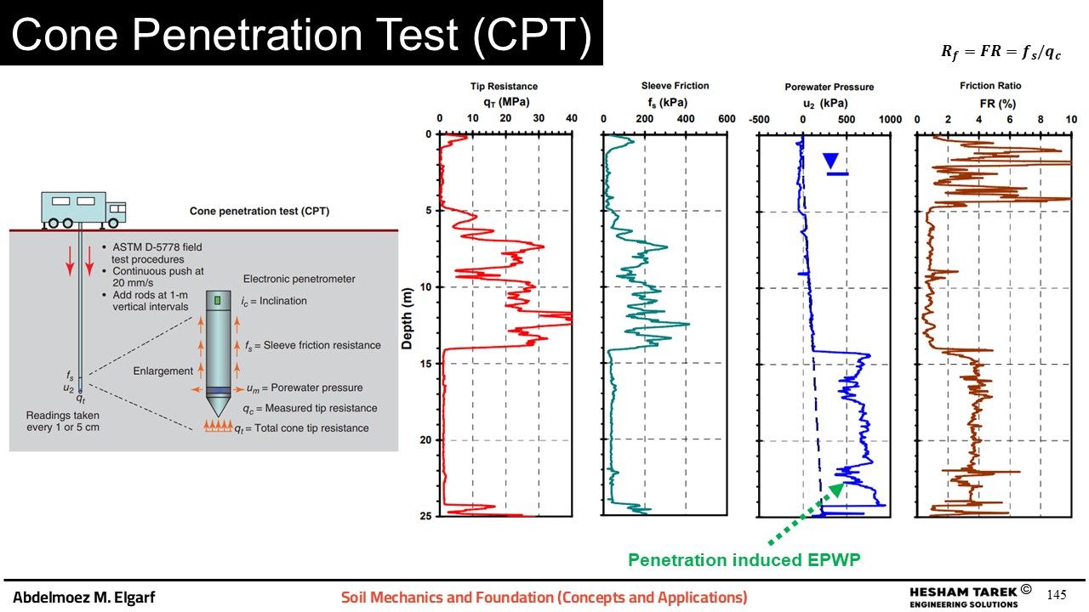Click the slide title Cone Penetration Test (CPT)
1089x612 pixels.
click(x=300, y=34)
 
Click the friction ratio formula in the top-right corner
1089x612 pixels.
click(x=1001, y=52)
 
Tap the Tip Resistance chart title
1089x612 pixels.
click(x=504, y=86)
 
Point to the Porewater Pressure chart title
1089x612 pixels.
click(x=829, y=87)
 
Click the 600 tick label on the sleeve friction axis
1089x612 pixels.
click(x=726, y=119)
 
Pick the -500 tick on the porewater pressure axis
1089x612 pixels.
click(x=758, y=120)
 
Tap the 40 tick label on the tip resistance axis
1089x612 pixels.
click(x=571, y=119)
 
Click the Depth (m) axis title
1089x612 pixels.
click(x=408, y=316)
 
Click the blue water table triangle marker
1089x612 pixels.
click(x=831, y=160)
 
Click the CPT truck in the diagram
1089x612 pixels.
click(x=83, y=209)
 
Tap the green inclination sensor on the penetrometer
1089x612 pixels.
click(x=218, y=300)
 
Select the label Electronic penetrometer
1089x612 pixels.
click(x=299, y=279)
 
